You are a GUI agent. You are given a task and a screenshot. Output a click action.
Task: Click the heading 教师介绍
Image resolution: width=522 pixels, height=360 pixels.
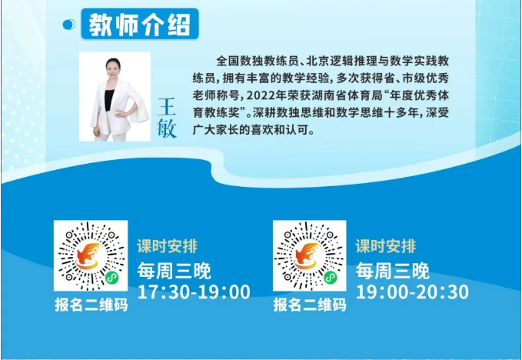pyautogui.click(x=139, y=25)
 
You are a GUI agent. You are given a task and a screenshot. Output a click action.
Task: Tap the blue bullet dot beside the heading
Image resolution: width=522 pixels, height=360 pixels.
pyautogui.click(x=69, y=25)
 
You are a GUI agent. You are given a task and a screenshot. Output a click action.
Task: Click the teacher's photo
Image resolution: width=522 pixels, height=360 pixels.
pyautogui.click(x=115, y=97)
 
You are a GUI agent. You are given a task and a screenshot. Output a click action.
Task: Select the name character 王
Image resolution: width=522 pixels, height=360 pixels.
pyautogui.click(x=167, y=107)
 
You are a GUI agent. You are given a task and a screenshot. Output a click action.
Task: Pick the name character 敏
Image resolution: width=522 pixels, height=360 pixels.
pyautogui.click(x=167, y=128)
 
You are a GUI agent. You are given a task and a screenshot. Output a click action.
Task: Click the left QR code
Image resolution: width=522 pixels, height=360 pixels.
pyautogui.click(x=91, y=255)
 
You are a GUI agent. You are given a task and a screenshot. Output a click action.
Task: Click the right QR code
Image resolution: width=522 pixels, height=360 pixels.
pyautogui.click(x=310, y=255)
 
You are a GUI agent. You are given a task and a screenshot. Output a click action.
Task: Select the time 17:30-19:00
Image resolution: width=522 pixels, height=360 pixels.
pyautogui.click(x=194, y=292)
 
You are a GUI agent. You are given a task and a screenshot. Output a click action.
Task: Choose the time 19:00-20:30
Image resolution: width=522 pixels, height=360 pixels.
pyautogui.click(x=413, y=292)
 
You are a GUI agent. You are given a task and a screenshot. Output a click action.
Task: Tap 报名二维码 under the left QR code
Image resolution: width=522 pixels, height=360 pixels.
pyautogui.click(x=91, y=305)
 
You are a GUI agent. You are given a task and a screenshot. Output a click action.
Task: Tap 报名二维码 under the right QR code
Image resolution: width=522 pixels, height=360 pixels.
pyautogui.click(x=310, y=305)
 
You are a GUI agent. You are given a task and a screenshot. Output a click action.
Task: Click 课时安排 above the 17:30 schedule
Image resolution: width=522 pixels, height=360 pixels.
pyautogui.click(x=167, y=246)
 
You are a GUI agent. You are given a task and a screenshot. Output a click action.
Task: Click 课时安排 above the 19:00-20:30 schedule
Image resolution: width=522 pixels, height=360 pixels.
pyautogui.click(x=386, y=246)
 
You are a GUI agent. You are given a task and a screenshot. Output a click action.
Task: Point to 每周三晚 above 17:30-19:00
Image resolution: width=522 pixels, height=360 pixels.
pyautogui.click(x=174, y=271)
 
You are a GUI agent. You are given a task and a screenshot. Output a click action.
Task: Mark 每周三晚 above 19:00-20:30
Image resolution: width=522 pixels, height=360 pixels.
pyautogui.click(x=393, y=271)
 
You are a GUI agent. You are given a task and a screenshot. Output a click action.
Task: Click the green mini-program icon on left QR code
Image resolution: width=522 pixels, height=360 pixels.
pyautogui.click(x=112, y=278)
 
